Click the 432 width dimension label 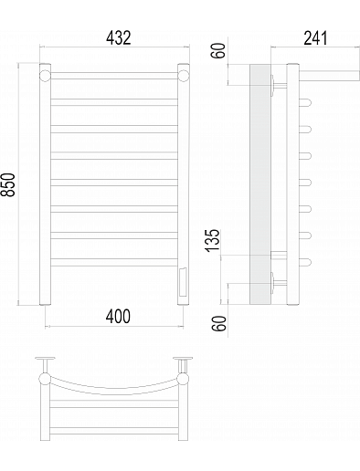119,37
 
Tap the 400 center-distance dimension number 118,317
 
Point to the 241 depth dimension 315,37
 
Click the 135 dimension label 212,240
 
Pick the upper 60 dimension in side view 219,50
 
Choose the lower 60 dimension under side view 219,323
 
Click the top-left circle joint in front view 45,76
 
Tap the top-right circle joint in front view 184,76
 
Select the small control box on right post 184,282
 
